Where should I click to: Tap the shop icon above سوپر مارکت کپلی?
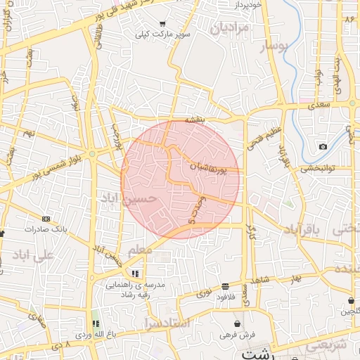pyautogui.click(x=163, y=22)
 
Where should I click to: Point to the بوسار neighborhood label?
pyautogui.click(x=255, y=48)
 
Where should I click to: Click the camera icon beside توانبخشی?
pyautogui.click(x=323, y=146)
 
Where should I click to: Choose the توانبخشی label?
pyautogui.click(x=321, y=168)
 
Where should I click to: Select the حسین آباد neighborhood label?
pyautogui.click(x=127, y=200)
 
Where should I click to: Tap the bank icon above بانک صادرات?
pyautogui.click(x=46, y=219)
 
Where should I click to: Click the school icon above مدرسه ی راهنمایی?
pyautogui.click(x=134, y=274)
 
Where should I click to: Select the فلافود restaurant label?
pyautogui.click(x=224, y=297)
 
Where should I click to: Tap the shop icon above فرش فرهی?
pyautogui.click(x=238, y=323)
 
